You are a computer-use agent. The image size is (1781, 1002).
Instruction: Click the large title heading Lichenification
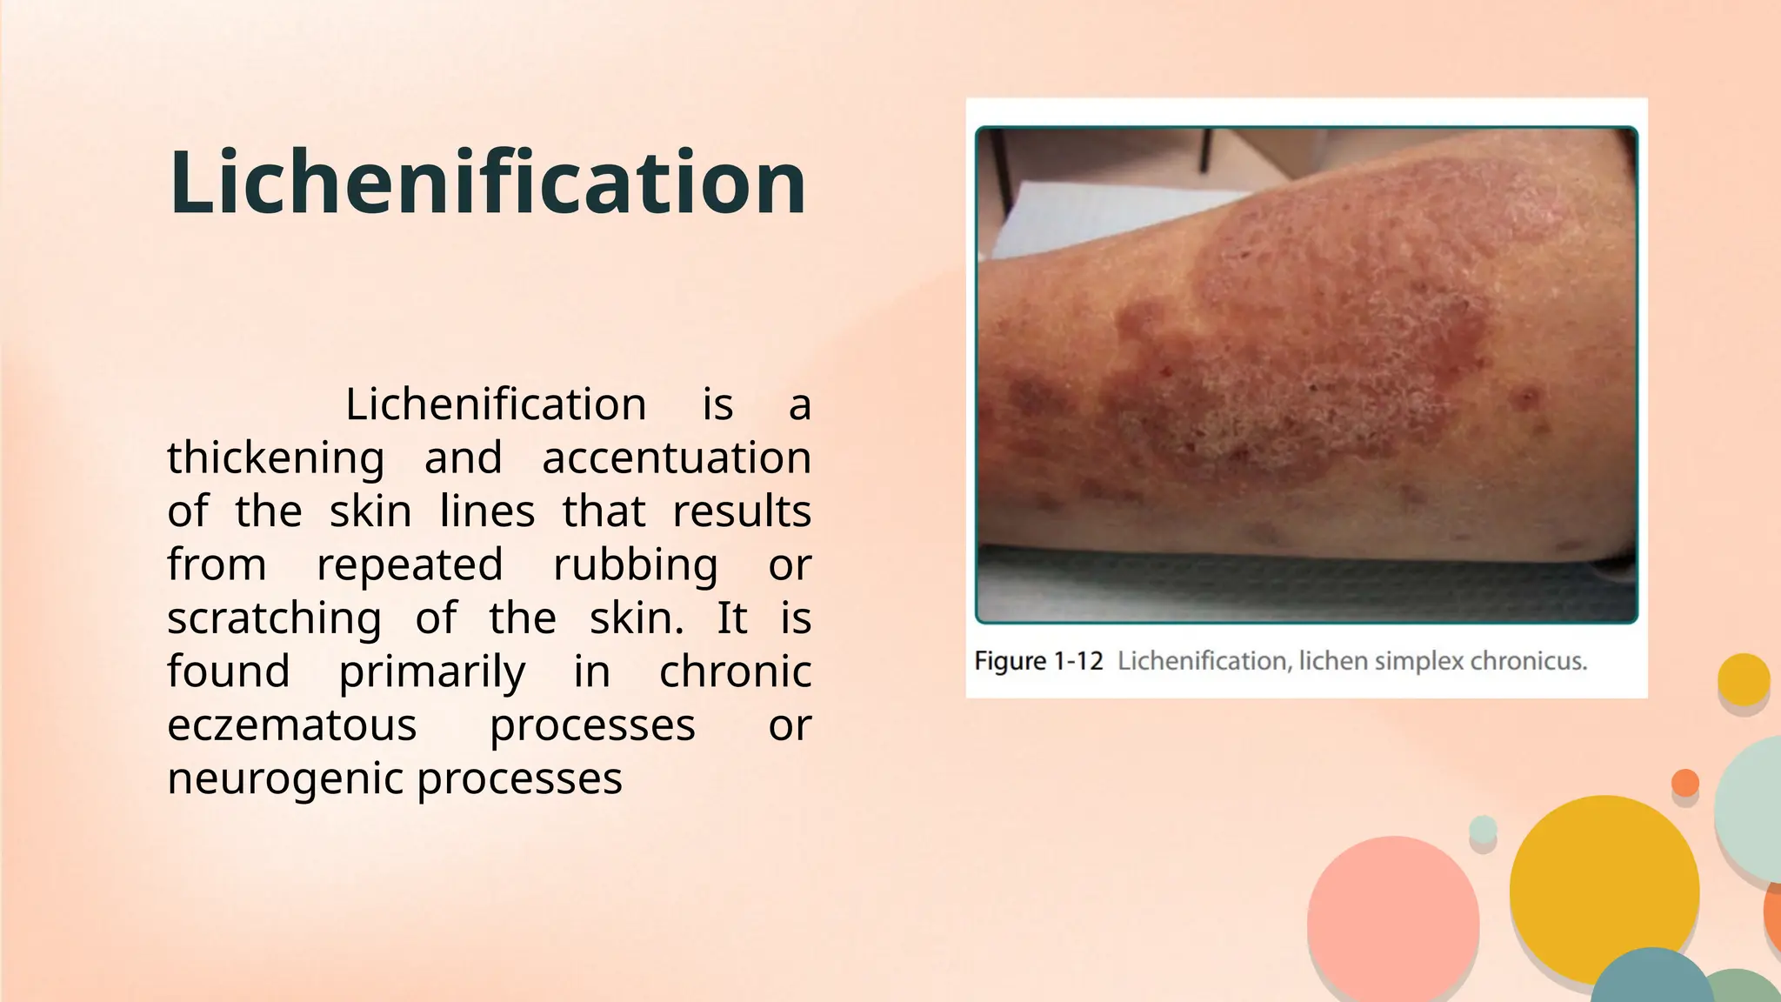click(487, 183)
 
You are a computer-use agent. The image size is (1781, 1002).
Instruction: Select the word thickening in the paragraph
click(276, 458)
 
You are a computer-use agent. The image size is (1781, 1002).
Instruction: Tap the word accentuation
click(676, 458)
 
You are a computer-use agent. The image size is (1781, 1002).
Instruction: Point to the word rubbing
click(636, 565)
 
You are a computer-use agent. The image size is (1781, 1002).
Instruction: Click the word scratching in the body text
click(274, 619)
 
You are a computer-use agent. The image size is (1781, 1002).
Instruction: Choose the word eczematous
click(292, 725)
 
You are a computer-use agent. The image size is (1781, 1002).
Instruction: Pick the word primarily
click(431, 672)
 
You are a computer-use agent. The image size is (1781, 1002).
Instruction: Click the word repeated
click(410, 565)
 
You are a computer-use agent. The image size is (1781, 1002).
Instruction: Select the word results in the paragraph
click(742, 511)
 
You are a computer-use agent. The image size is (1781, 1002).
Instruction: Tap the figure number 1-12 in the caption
click(1078, 662)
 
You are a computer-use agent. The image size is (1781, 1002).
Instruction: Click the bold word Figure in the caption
click(1010, 662)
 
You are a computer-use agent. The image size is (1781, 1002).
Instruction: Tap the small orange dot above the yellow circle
click(1684, 783)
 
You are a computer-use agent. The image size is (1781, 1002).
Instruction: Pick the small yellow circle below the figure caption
click(1744, 679)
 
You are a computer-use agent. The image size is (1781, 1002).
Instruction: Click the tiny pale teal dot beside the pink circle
click(1483, 830)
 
